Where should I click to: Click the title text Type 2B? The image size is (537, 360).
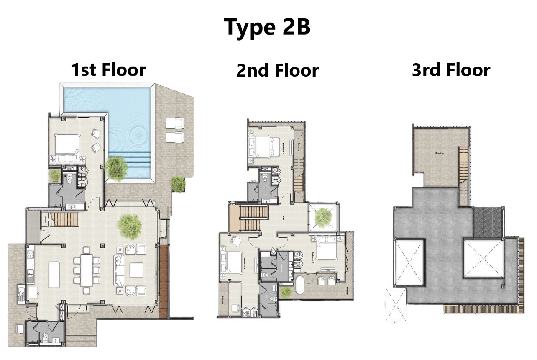click(x=267, y=27)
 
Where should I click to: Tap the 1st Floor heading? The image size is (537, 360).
click(x=108, y=69)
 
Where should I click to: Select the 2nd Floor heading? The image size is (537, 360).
click(x=277, y=70)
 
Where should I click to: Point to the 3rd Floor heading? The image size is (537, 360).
click(x=451, y=70)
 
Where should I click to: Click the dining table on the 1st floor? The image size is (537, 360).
click(x=87, y=270)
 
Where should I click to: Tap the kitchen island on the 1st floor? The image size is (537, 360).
click(x=54, y=274)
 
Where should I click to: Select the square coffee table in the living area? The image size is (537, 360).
click(x=137, y=270)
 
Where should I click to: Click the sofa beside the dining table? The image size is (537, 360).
click(x=119, y=270)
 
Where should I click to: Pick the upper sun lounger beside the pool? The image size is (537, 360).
click(x=175, y=123)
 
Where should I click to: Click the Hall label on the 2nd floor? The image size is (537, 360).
click(x=284, y=218)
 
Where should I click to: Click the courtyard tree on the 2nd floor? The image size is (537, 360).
click(x=323, y=217)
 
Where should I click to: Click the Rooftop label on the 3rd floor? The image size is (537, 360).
click(x=439, y=153)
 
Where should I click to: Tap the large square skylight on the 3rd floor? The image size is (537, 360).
click(x=483, y=258)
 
